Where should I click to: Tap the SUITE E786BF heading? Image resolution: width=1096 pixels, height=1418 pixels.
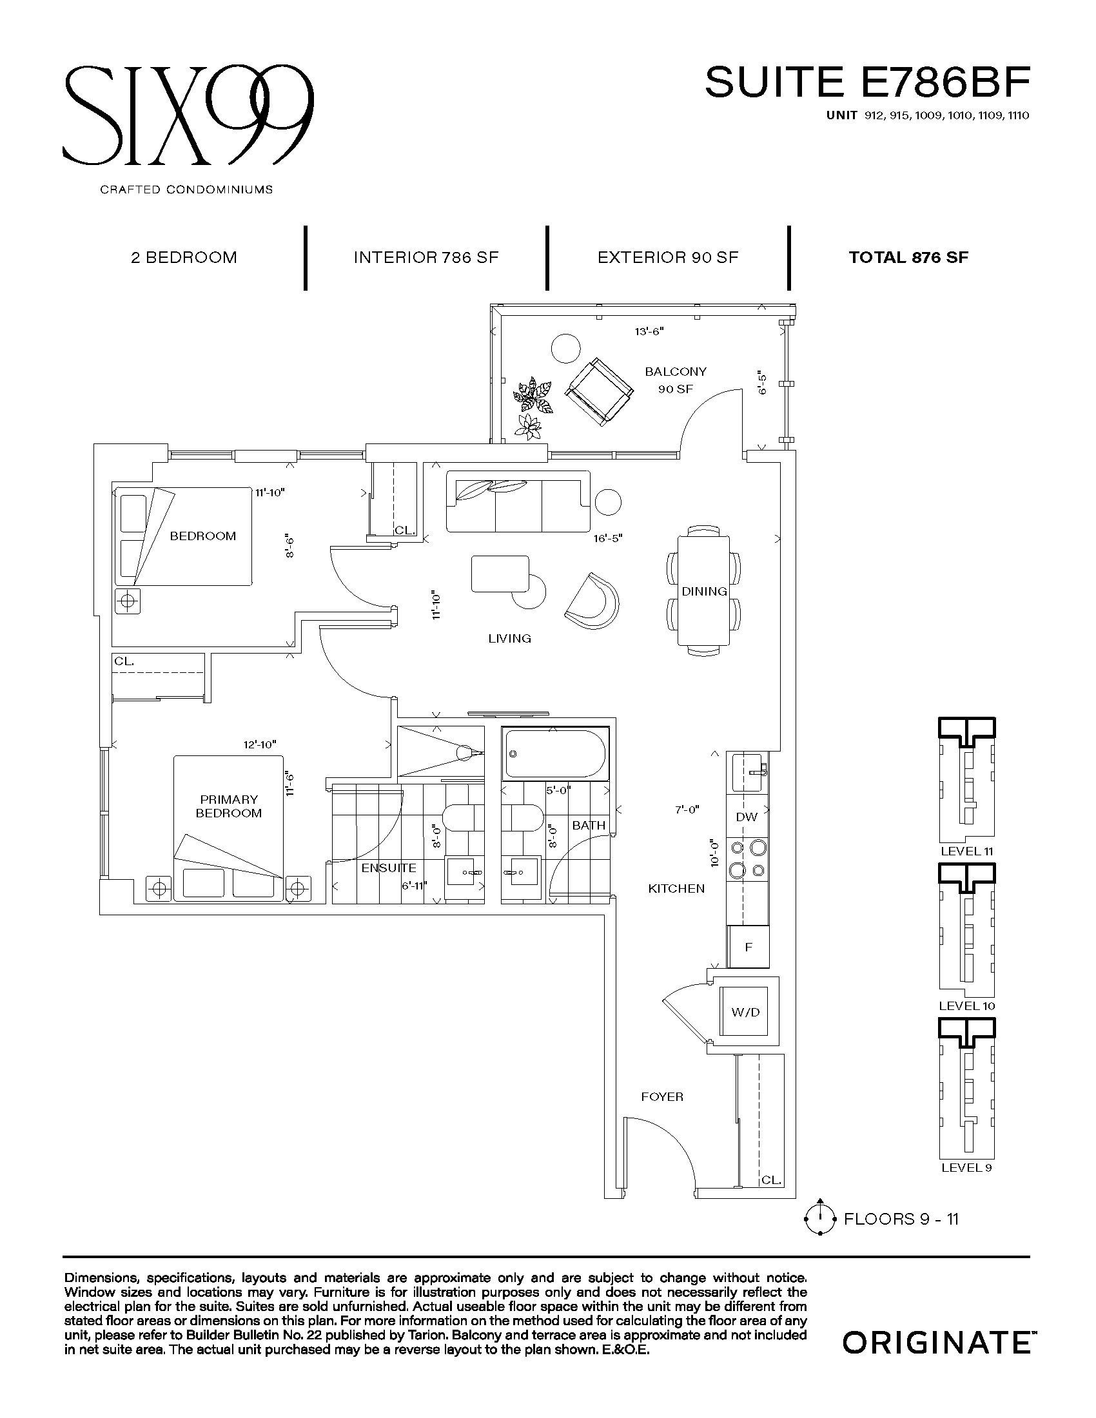867,82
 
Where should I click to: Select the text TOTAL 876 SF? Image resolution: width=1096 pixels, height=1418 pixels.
909,257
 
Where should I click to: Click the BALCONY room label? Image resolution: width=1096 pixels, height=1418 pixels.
675,371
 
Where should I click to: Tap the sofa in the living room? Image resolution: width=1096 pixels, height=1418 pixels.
518,505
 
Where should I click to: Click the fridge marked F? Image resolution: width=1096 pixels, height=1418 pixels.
748,947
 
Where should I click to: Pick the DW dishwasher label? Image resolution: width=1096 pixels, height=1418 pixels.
747,817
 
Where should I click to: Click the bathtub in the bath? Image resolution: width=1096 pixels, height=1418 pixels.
556,754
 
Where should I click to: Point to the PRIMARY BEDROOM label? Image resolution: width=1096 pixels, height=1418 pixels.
229,806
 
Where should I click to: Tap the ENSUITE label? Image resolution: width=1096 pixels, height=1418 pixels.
389,868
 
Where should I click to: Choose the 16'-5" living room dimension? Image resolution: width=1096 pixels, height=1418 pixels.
607,538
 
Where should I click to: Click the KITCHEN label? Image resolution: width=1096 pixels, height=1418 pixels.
676,889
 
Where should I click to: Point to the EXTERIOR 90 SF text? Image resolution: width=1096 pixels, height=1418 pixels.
668,257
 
